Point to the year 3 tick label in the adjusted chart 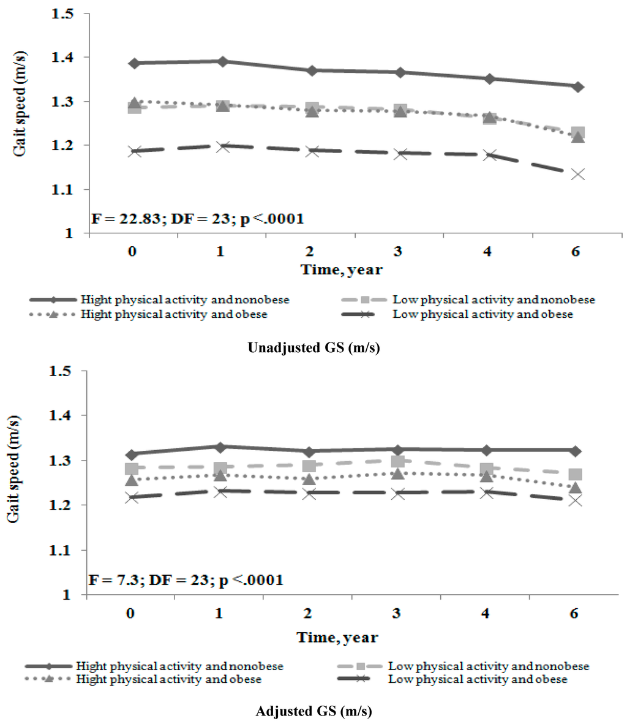(x=397, y=613)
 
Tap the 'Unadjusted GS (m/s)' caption (x=313, y=348)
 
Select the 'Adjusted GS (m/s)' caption (x=313, y=711)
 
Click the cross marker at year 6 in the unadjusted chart (x=577, y=174)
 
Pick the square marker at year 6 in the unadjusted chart (x=577, y=133)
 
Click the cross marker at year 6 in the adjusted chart (x=574, y=500)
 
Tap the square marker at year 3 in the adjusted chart (x=397, y=461)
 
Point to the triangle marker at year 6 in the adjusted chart (x=574, y=488)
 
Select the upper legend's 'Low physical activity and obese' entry (x=482, y=314)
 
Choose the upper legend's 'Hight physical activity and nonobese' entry (x=184, y=300)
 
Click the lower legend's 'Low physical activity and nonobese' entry (x=488, y=666)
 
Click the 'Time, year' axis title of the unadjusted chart (x=341, y=270)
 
